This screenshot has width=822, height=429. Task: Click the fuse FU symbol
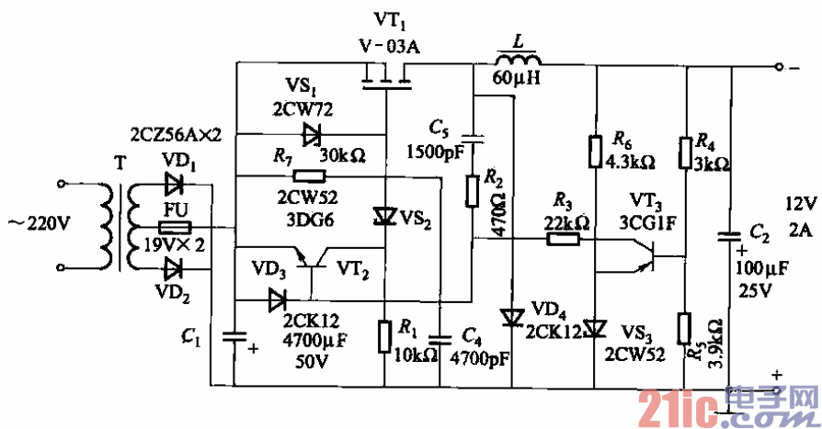[x=174, y=226]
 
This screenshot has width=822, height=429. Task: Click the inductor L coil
[x=517, y=61]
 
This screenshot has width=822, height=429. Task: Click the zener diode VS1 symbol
[x=312, y=135]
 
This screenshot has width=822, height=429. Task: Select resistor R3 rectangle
[x=563, y=239]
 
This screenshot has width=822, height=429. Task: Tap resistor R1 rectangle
[x=385, y=336]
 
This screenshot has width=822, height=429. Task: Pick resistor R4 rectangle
[x=685, y=152]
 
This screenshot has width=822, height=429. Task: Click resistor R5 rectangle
[x=685, y=327]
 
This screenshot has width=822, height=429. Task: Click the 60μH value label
[x=518, y=79]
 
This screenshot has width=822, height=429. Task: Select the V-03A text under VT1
[x=389, y=48]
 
